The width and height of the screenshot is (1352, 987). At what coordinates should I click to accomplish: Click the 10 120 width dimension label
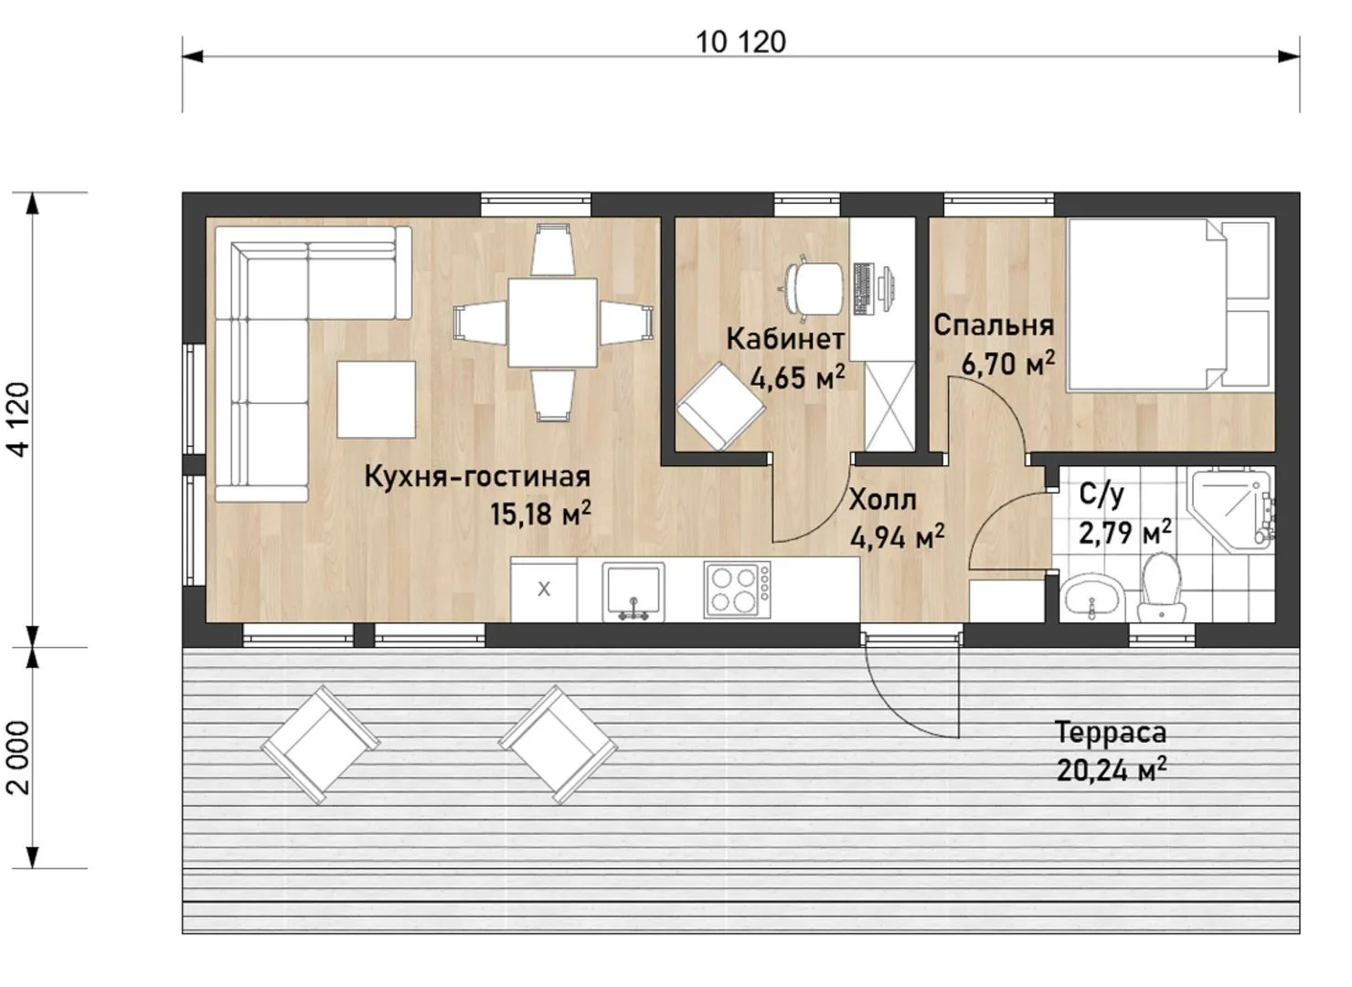point(740,42)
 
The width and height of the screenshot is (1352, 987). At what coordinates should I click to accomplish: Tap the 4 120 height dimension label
point(19,419)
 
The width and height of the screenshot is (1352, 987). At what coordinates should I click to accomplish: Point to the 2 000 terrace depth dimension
point(19,758)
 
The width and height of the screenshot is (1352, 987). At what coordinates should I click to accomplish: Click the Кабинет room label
point(784,339)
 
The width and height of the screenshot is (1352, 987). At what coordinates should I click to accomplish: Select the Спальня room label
point(994,325)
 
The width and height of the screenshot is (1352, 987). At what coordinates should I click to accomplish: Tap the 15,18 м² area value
point(540,514)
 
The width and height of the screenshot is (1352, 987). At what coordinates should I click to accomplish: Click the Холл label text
point(882,500)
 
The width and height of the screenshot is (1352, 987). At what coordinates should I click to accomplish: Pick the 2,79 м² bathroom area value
point(1125,532)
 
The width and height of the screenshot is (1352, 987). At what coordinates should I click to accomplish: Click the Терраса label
point(1111,733)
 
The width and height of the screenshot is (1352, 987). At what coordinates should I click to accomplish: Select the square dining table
point(552,323)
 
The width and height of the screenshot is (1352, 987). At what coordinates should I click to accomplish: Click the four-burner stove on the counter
point(737,589)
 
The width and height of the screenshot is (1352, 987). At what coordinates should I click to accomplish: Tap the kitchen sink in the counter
point(633,591)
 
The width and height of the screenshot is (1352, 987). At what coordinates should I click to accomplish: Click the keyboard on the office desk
point(864,289)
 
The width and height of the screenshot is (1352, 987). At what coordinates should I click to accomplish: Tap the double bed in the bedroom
point(1170,305)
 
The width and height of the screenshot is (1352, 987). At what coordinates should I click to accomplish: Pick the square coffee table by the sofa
point(376,399)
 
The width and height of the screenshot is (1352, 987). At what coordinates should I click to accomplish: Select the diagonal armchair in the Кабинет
point(720,406)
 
